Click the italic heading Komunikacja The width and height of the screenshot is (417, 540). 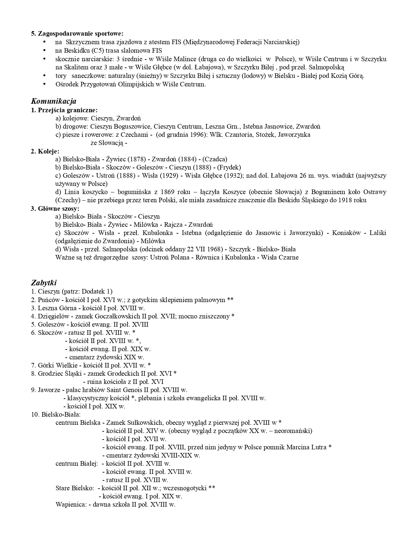coord(54,101)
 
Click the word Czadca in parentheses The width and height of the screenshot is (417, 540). coord(215,159)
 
